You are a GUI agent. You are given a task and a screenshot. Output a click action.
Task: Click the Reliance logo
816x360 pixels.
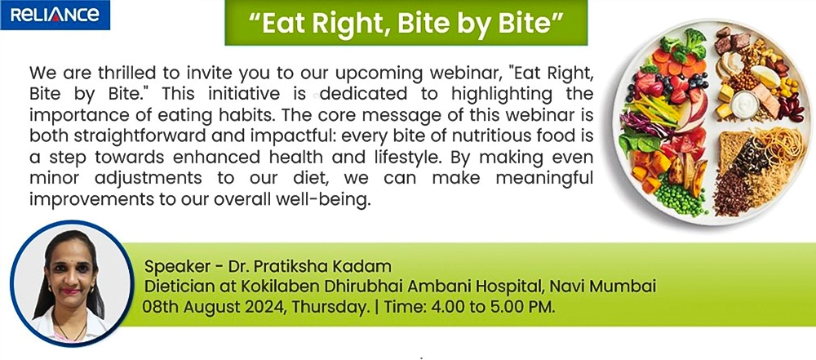point(55,15)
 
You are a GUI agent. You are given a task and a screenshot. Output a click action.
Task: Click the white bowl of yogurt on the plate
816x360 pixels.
point(745,104)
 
